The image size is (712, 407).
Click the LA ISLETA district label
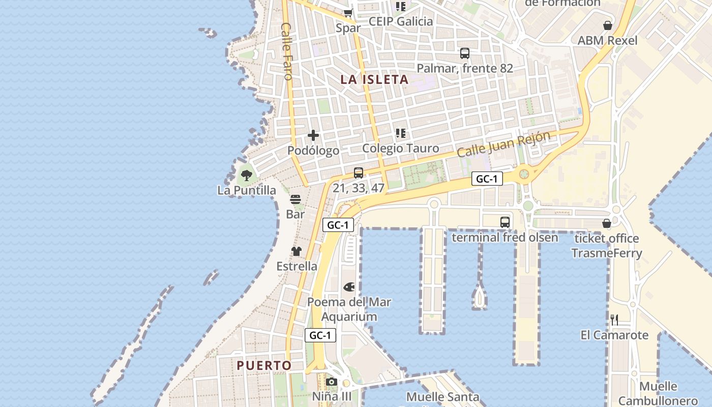(374, 79)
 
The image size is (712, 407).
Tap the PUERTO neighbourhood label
(264, 365)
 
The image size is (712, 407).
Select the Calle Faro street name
(287, 51)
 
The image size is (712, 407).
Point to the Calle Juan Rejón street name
(503, 144)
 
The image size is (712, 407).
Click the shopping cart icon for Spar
(348, 13)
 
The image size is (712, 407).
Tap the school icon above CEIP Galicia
(401, 7)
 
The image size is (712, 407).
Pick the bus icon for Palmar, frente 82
(464, 53)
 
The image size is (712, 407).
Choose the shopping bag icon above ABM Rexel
(607, 25)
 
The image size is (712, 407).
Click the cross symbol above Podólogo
(313, 135)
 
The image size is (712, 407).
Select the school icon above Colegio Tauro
(401, 133)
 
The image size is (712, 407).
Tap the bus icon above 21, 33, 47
(359, 173)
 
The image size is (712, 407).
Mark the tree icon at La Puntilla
(247, 176)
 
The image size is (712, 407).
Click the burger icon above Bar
(295, 199)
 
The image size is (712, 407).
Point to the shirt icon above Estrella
(296, 251)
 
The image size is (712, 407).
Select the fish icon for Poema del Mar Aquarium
(349, 287)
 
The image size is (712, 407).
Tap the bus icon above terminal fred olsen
(505, 222)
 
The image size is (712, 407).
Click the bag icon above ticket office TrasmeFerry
(606, 223)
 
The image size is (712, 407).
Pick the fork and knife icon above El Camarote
(614, 320)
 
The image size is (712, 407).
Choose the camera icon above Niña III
(332, 382)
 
